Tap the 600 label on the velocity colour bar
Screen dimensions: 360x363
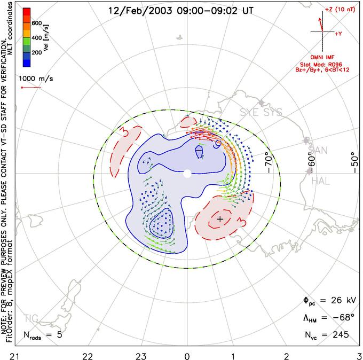(x=37, y=23)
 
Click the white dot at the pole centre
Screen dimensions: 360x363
(x=187, y=174)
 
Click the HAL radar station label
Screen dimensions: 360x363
(x=321, y=182)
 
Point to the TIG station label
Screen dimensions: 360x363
(x=30, y=319)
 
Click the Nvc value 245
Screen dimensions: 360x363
(x=340, y=335)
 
